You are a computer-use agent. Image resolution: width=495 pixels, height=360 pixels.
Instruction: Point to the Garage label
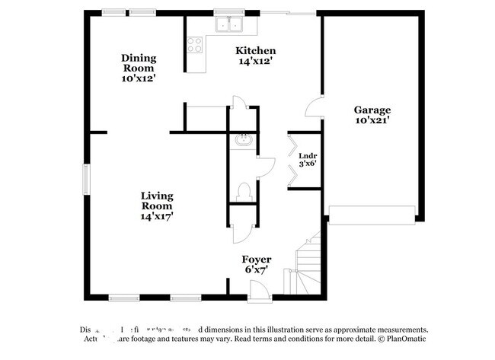coord(372,110)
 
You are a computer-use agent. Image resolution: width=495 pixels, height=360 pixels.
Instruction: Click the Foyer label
coord(256,259)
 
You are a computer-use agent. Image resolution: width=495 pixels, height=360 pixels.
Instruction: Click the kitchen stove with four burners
coord(195,44)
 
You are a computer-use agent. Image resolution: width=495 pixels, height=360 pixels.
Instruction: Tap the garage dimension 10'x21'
coord(372,120)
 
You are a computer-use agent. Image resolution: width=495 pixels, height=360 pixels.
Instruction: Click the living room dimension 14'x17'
coord(157,216)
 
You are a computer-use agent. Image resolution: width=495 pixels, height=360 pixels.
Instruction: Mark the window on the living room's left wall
coord(86,177)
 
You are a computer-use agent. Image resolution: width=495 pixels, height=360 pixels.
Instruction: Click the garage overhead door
coord(372,212)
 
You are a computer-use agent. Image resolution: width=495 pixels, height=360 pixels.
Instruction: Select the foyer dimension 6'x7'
coord(256,269)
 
